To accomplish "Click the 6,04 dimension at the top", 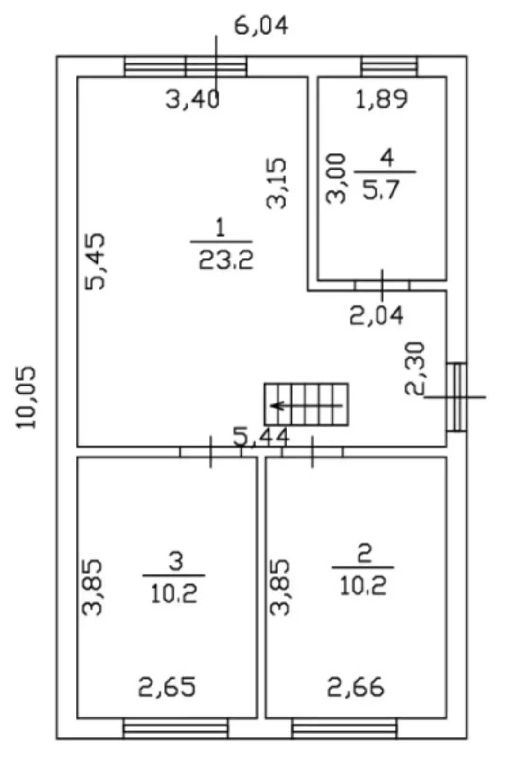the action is coord(261,26).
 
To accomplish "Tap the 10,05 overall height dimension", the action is coord(26,397).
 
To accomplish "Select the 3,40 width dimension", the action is coord(192,99).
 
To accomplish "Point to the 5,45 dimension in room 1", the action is coord(95,261).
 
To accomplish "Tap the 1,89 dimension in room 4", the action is coord(381,99).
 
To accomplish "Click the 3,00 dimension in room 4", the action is coord(336,178).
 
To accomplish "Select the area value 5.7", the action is coord(380,190).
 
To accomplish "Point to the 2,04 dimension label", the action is coord(377,315).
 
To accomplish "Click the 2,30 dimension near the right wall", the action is coord(415,369).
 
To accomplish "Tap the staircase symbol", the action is coord(306,404).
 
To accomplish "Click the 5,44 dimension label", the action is coord(261,437).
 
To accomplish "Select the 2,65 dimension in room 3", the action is coord(167,687).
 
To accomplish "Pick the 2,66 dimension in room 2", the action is coord(356,687).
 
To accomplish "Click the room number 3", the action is coord(176,561).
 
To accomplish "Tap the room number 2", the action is coord(365,553).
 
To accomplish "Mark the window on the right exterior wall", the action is coord(457,397).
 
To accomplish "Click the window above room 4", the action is coord(389,66).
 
